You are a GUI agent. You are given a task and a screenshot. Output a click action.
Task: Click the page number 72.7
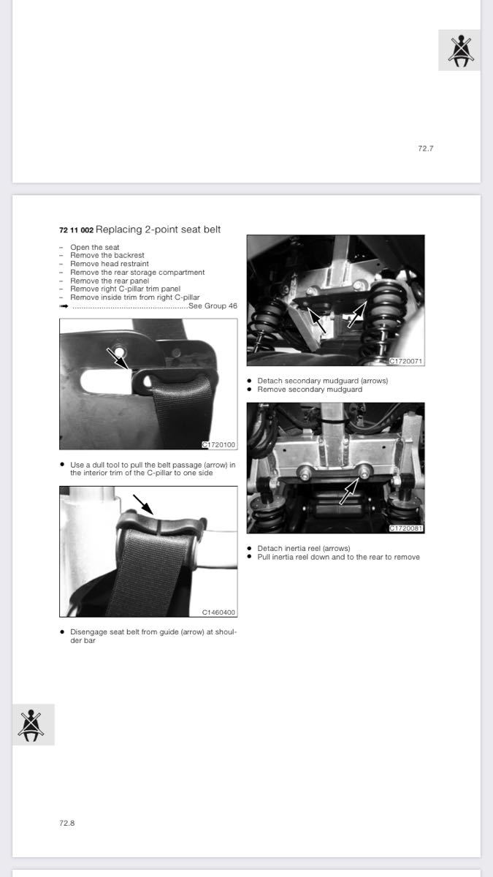425,148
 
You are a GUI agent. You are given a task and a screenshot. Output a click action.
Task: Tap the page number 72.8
67,823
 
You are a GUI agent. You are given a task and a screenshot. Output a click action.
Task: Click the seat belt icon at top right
459,50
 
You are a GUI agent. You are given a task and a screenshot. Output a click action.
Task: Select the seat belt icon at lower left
34,725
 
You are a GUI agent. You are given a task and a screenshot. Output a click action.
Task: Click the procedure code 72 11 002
76,230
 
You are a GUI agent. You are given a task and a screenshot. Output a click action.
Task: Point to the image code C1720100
218,445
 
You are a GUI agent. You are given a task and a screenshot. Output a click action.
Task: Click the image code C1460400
218,612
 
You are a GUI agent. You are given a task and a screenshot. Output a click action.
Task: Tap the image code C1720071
406,361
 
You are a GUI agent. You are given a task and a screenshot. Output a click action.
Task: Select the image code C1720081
406,528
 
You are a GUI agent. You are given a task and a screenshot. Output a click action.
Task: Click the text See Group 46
213,305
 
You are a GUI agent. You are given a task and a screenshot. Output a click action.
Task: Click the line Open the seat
95,248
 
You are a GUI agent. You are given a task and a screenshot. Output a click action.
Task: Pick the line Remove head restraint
110,264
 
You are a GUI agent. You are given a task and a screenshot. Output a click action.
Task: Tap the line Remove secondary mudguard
310,390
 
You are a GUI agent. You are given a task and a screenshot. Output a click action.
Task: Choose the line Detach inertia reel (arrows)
304,549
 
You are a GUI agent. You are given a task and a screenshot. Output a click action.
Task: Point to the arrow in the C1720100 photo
118,359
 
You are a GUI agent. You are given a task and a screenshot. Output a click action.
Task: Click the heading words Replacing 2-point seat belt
158,229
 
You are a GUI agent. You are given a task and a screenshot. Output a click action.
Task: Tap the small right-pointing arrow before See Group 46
64,306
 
